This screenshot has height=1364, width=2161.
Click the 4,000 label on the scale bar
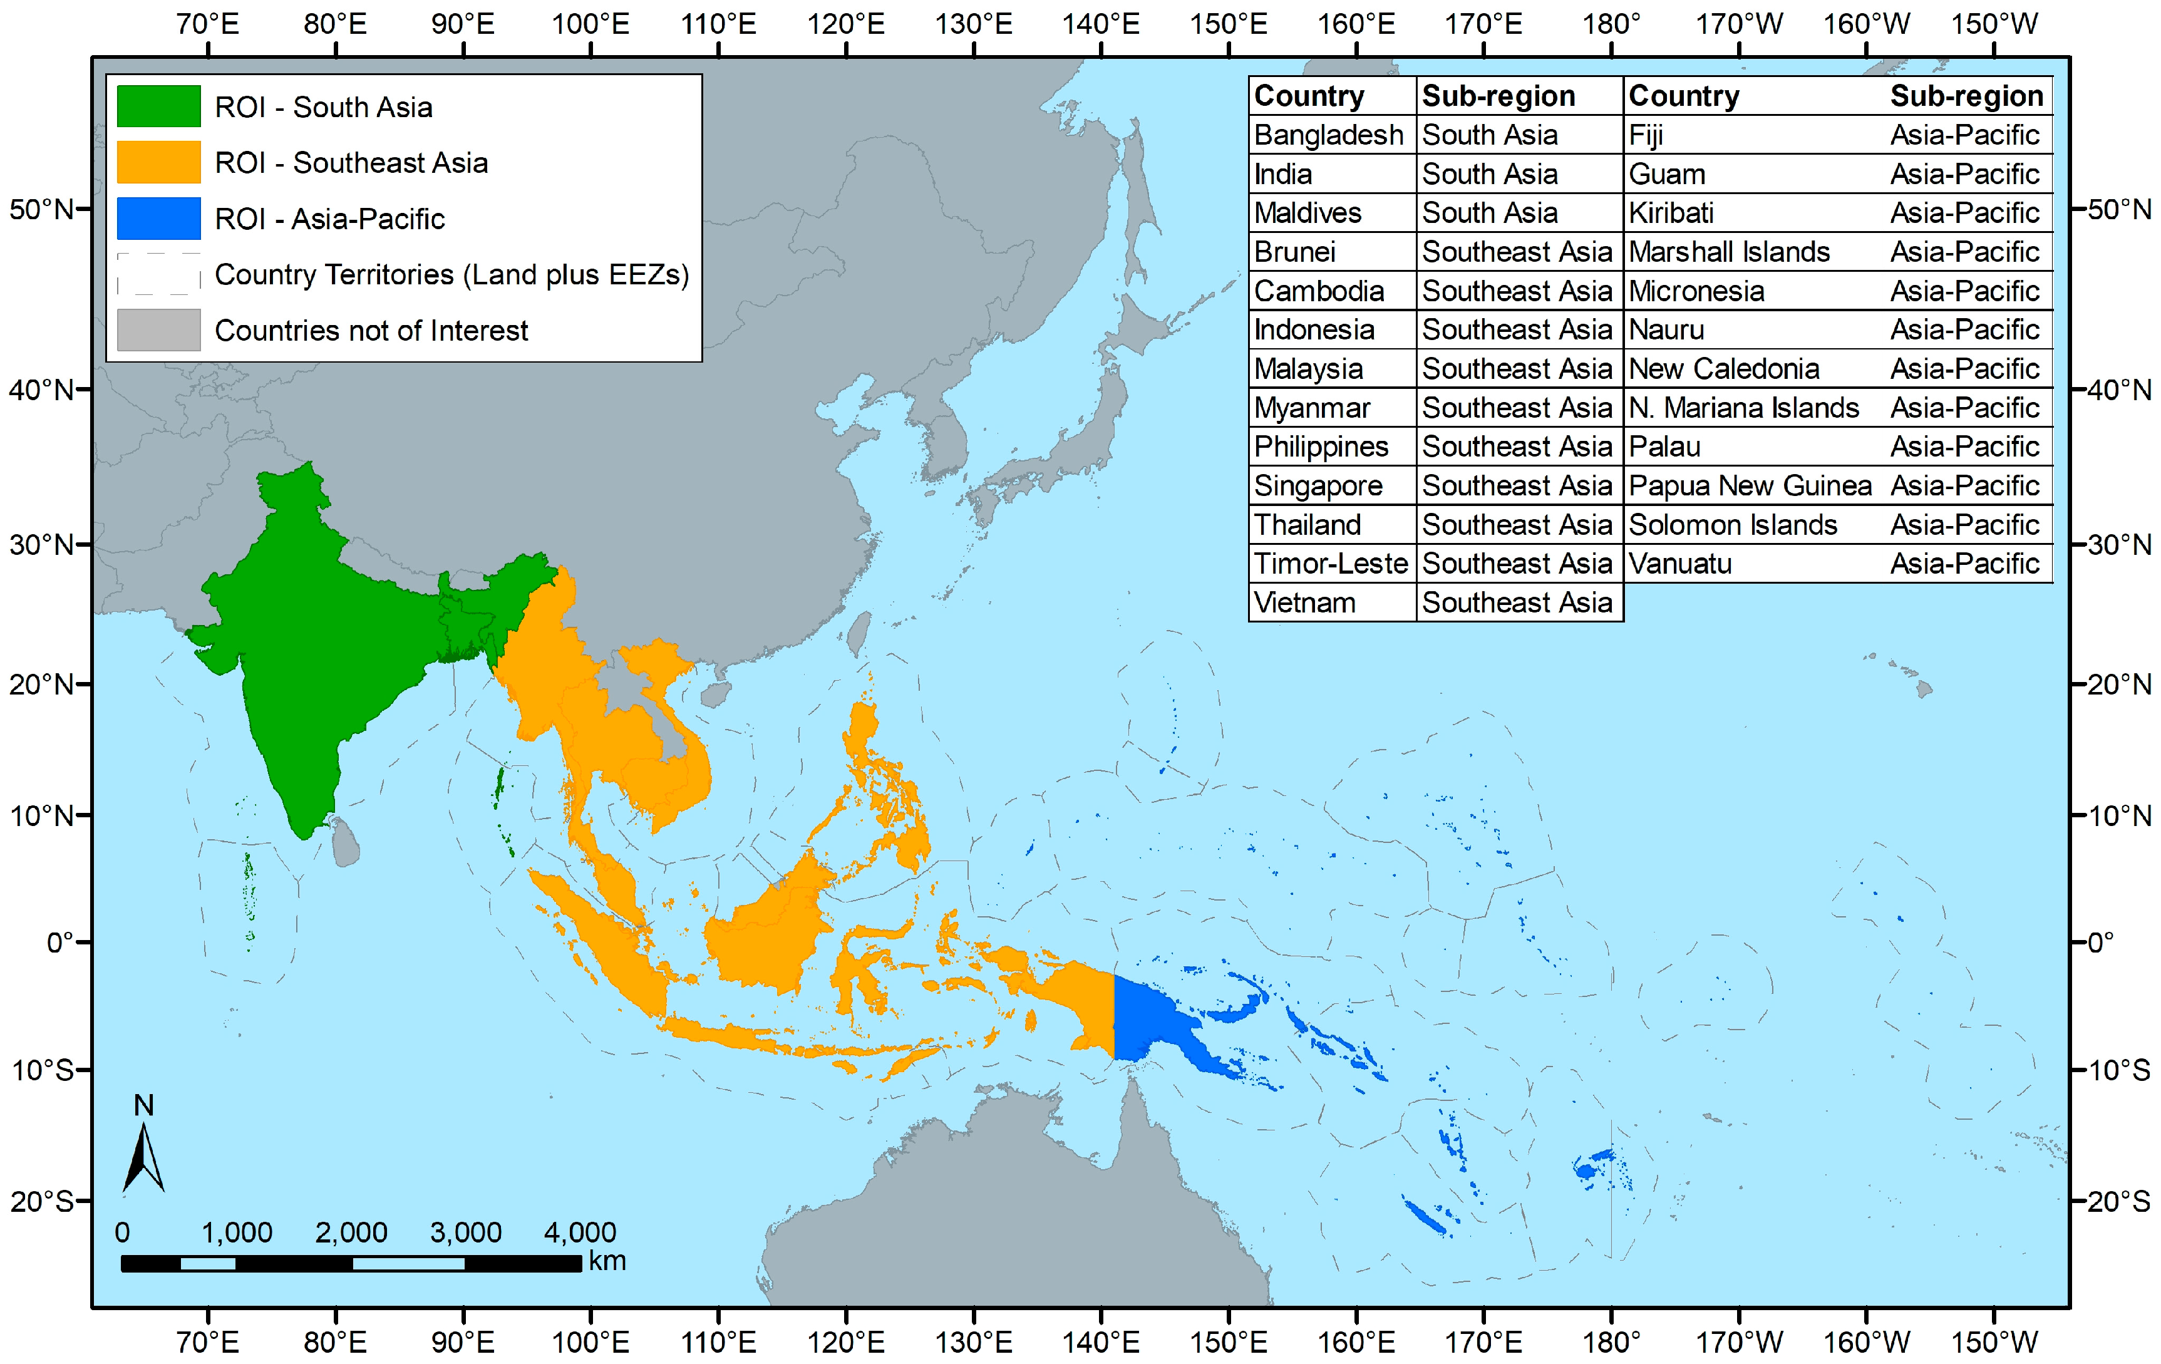(580, 1232)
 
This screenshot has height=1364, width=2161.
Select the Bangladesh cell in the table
(1328, 135)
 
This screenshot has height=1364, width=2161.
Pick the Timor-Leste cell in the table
(1330, 564)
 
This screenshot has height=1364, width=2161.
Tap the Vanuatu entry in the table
(1680, 564)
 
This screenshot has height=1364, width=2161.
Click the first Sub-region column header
(1498, 96)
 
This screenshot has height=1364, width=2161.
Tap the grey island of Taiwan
(860, 633)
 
